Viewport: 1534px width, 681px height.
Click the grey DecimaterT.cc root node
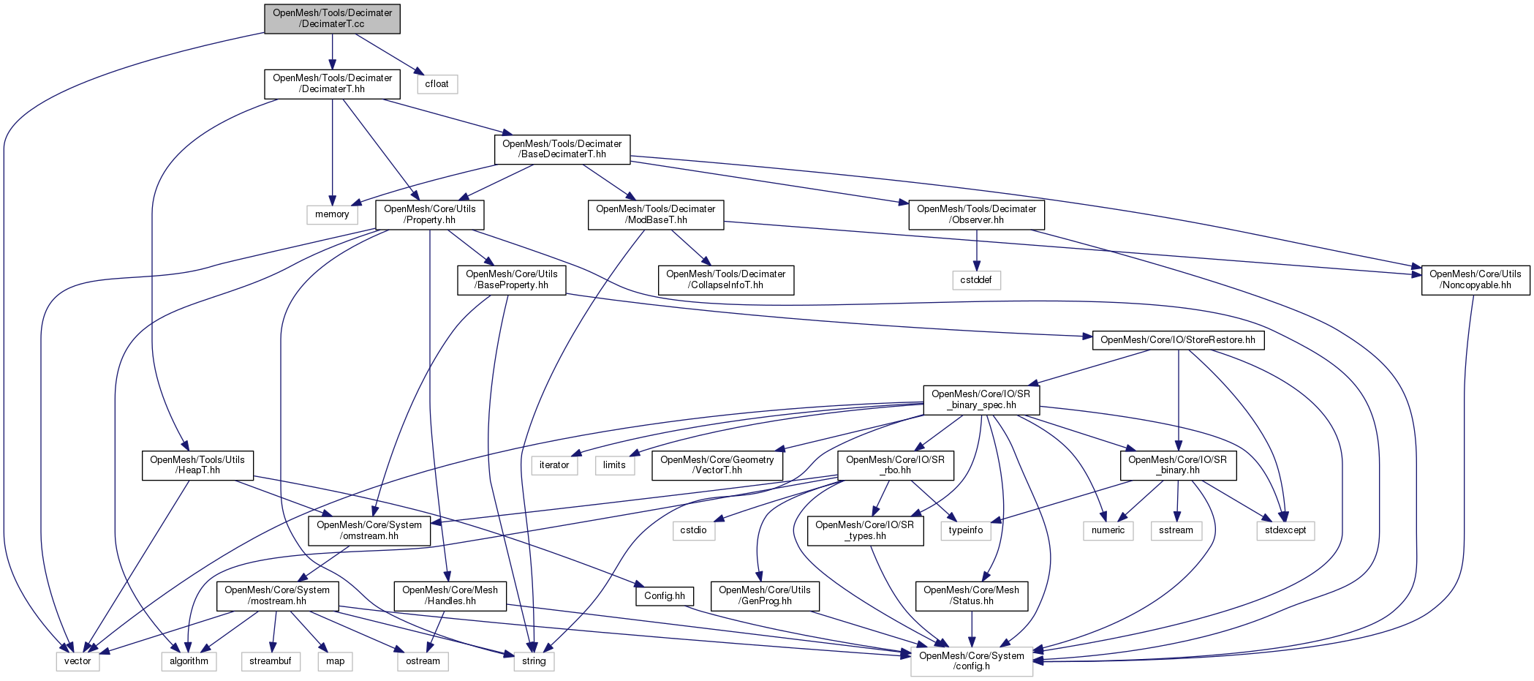[x=332, y=18]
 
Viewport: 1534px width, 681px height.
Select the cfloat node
[x=437, y=84]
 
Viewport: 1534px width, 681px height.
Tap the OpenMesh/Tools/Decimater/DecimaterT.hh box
[x=332, y=83]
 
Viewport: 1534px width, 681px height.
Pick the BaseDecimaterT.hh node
[x=562, y=149]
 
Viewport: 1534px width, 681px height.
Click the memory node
[x=332, y=214]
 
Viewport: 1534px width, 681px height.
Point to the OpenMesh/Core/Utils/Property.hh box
[x=429, y=214]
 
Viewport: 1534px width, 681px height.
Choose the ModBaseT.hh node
[x=655, y=214]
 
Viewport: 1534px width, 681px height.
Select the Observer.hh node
[x=976, y=214]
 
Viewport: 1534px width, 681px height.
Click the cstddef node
[x=976, y=280]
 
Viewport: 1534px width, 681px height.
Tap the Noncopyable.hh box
[x=1475, y=280]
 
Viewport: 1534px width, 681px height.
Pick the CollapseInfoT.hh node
[x=725, y=280]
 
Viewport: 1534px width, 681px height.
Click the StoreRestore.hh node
[x=1177, y=340]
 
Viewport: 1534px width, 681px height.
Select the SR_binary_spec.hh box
[x=981, y=399]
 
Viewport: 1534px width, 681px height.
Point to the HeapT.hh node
[x=197, y=465]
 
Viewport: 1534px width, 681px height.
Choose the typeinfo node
[x=966, y=530]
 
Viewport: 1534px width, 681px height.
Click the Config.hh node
[x=664, y=596]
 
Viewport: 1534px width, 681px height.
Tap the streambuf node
[x=270, y=661]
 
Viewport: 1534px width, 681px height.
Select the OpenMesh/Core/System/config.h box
[x=971, y=661]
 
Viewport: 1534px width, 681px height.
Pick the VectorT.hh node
[x=717, y=465]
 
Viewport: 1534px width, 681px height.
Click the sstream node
[x=1176, y=530]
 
